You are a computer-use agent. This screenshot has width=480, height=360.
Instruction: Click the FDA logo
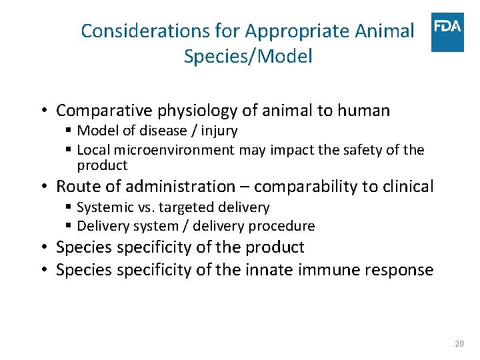(447, 32)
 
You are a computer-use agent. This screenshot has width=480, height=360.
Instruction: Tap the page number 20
(459, 344)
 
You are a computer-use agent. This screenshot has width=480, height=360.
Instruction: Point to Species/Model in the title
(248, 56)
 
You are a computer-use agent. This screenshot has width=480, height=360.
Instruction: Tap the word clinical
(406, 187)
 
